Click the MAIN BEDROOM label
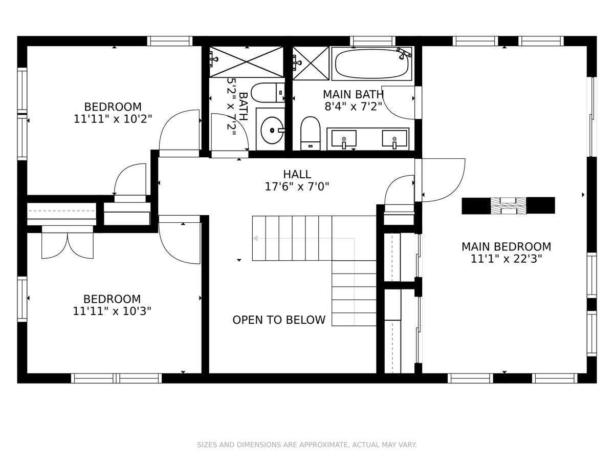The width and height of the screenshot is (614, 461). (x=506, y=246)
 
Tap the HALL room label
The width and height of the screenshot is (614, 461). (x=297, y=174)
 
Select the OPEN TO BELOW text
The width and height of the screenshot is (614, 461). (x=279, y=320)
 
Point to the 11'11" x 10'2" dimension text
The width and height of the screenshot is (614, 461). (x=113, y=119)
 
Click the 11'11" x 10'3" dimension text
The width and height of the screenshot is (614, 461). (x=112, y=311)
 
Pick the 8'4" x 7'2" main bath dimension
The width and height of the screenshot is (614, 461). (x=353, y=107)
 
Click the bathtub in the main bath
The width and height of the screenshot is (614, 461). (x=372, y=64)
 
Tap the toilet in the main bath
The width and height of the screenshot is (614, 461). (x=310, y=133)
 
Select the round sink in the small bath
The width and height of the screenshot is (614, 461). (x=272, y=130)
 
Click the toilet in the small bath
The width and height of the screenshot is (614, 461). (x=268, y=92)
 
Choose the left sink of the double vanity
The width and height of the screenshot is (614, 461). (x=344, y=138)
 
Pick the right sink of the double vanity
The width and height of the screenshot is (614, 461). (x=394, y=138)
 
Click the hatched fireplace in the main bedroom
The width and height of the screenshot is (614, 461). (x=508, y=206)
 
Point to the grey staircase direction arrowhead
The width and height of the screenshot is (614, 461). (x=255, y=239)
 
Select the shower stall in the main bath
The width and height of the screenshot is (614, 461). (x=311, y=63)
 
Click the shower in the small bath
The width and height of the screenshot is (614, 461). (x=247, y=62)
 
